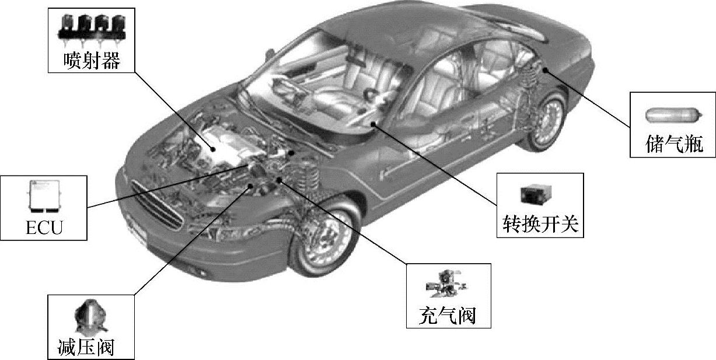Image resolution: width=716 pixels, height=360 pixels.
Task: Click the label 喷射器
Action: (93, 60)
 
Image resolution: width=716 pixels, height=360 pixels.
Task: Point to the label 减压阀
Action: (85, 347)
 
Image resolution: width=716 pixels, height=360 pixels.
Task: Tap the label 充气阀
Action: (448, 316)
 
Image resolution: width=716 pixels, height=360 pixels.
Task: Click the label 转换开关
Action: (540, 224)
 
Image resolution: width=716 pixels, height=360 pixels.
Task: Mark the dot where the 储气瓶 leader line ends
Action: (544, 70)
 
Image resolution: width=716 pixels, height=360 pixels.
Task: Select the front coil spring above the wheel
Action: (315, 176)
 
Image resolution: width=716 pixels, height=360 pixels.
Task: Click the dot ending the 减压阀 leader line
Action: (252, 186)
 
